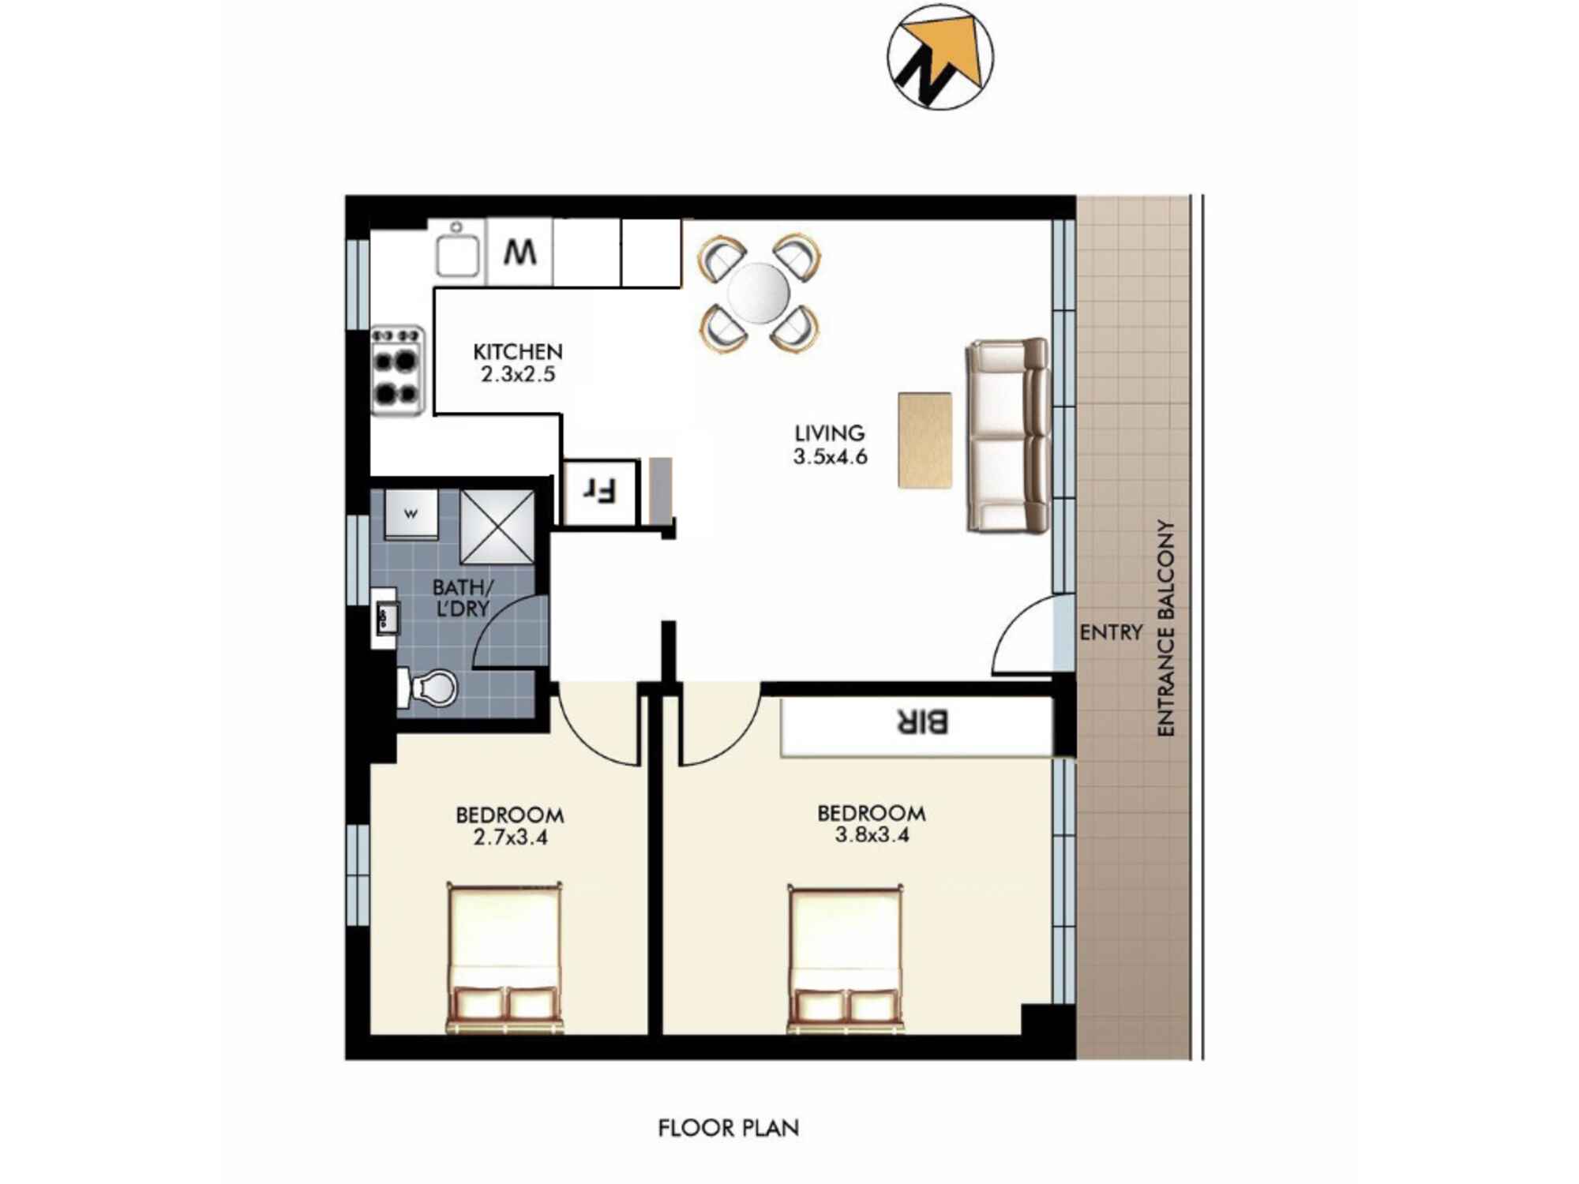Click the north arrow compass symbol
coord(940,57)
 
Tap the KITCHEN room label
coord(517,352)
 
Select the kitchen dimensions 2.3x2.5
coord(518,374)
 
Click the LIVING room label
coord(829,433)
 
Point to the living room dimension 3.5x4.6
coord(830,456)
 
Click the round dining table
coord(757,293)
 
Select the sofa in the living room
coord(1007,436)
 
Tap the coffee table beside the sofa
coord(925,440)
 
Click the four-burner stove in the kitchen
coord(397,370)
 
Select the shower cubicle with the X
coord(497,526)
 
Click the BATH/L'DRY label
coord(462,598)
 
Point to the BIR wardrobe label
coord(921,721)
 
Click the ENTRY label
coord(1111,632)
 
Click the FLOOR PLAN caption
coord(728,1128)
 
